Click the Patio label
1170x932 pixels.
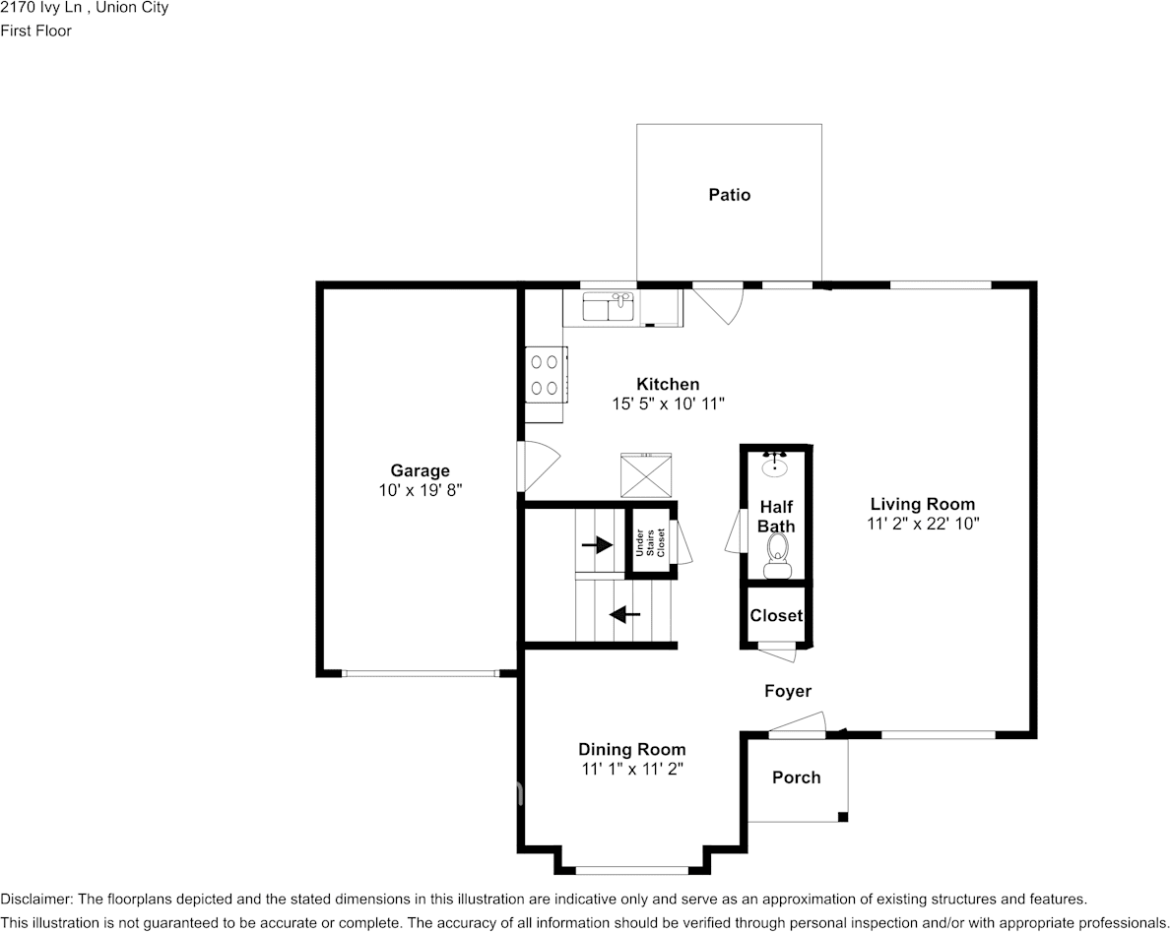729,195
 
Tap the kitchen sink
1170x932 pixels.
608,307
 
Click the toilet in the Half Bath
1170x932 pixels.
777,558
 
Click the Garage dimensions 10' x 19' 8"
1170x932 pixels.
421,490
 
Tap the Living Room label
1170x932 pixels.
922,504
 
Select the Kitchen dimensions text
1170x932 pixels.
669,404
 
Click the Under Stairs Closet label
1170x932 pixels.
650,542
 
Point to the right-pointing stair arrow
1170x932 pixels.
597,546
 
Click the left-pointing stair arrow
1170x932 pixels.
624,615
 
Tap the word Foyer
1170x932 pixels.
787,691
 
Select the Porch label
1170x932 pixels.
796,777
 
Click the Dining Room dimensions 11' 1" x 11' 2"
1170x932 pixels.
632,769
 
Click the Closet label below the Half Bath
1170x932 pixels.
776,616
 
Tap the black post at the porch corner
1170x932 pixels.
843,817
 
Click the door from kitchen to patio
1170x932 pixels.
719,303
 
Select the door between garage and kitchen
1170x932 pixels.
539,466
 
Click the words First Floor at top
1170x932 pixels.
35,31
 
